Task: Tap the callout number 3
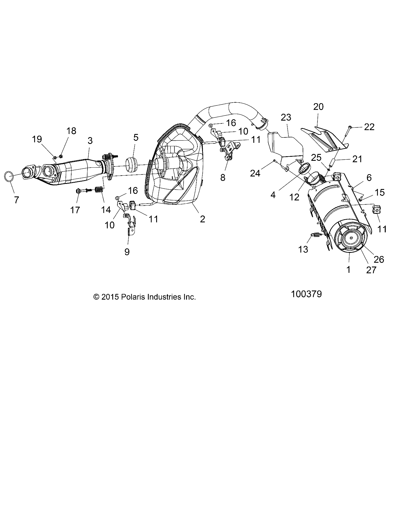coord(90,141)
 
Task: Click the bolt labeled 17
coord(81,190)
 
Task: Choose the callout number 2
coord(202,219)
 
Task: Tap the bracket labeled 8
coord(230,152)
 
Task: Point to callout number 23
coord(286,117)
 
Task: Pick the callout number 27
coord(371,270)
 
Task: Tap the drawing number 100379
coord(306,294)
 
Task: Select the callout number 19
coord(37,139)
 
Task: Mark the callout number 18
coord(71,131)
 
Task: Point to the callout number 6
coord(369,178)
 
